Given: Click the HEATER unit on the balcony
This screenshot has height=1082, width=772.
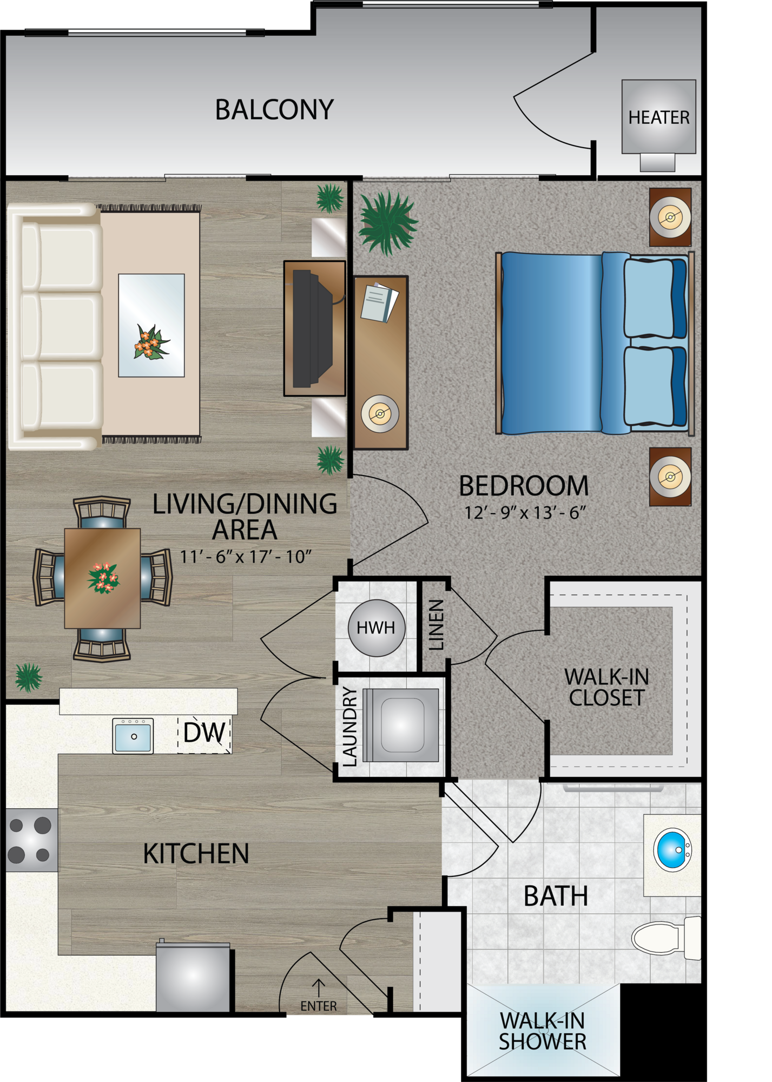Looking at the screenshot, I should click(x=658, y=117).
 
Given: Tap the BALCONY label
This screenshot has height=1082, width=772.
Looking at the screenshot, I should click(x=274, y=110).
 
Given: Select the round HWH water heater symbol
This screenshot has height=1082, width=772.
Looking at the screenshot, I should click(x=376, y=628).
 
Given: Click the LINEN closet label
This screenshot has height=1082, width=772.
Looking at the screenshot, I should click(x=436, y=624).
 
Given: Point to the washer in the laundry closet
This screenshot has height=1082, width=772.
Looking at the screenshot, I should click(x=401, y=725).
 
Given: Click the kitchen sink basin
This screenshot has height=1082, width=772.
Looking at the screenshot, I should click(x=133, y=736).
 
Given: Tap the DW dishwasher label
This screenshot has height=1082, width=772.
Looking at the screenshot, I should click(x=204, y=733).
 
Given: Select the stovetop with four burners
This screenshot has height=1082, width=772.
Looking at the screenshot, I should click(x=31, y=840).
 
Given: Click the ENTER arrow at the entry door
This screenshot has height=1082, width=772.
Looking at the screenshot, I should click(x=319, y=988).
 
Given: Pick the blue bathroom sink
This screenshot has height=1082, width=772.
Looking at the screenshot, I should click(x=672, y=850).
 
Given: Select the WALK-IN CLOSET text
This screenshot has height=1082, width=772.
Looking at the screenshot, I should click(x=606, y=687).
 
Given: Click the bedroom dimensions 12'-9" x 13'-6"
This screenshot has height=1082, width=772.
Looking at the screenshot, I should click(x=525, y=512).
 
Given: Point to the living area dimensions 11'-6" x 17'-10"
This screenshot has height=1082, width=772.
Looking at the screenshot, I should click(x=246, y=556).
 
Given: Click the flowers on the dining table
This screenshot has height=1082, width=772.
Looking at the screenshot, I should click(x=103, y=578).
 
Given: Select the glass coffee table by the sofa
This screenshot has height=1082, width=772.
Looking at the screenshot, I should click(x=151, y=325).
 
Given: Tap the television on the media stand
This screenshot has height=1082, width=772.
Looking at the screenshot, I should click(x=312, y=328).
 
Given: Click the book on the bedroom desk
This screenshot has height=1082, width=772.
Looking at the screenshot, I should click(x=380, y=302).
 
